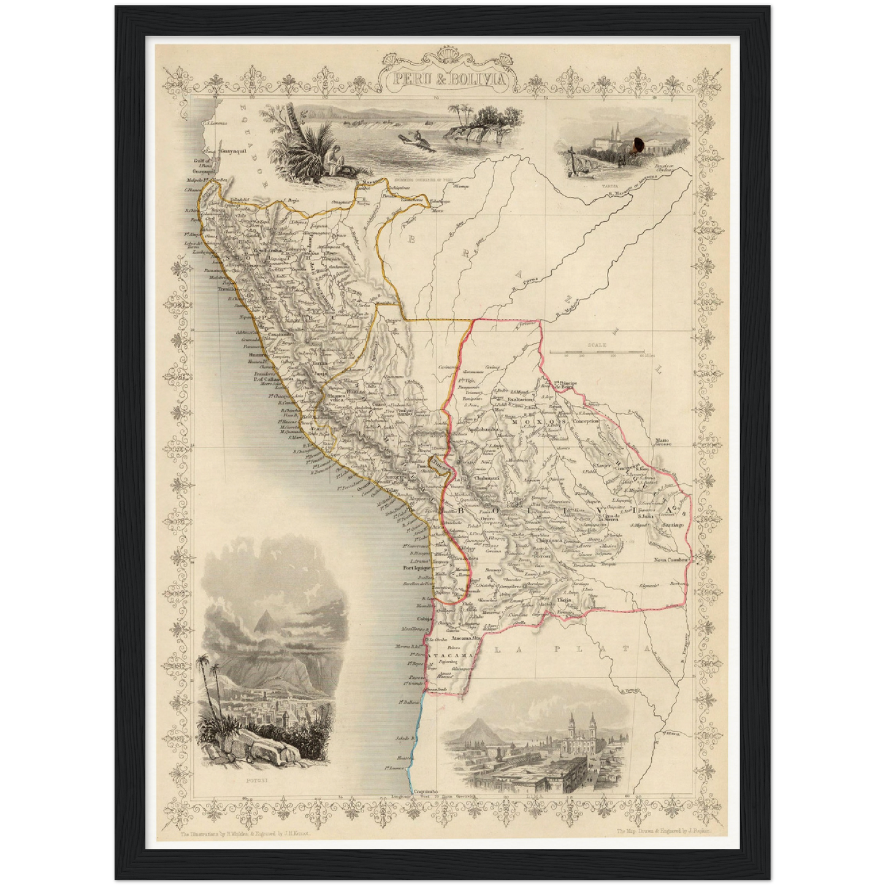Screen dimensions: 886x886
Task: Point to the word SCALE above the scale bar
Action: tap(596, 345)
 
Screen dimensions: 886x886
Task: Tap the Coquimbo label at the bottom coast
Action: tap(424, 792)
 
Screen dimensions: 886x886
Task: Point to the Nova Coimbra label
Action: tap(672, 560)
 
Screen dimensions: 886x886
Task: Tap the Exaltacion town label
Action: tap(523, 399)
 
